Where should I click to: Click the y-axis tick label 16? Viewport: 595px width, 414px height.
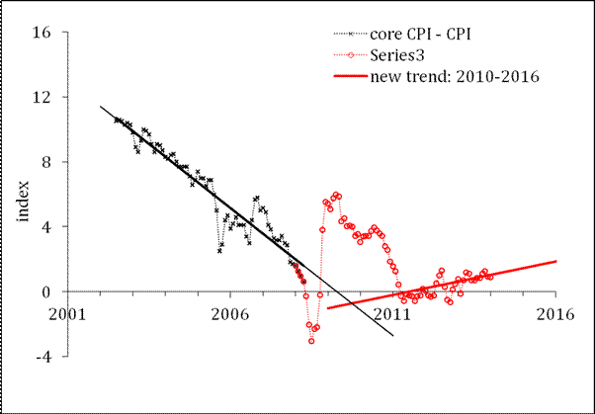(x=42, y=32)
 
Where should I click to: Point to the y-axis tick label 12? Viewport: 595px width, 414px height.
(x=42, y=97)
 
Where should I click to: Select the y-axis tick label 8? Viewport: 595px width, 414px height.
(x=46, y=162)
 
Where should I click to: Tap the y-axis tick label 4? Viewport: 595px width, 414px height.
(x=46, y=226)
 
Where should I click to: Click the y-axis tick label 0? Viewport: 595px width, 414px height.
(x=46, y=291)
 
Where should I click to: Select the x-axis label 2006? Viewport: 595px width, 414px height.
(x=230, y=313)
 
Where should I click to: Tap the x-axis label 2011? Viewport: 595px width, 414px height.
(x=393, y=313)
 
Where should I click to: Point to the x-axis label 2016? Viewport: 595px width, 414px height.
(x=555, y=313)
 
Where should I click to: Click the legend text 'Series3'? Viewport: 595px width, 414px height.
(x=395, y=55)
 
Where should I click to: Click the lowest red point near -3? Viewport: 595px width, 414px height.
(x=311, y=341)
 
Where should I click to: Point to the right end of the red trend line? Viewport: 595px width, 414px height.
(x=556, y=261)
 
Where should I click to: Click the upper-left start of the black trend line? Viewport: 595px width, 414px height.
(x=101, y=107)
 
